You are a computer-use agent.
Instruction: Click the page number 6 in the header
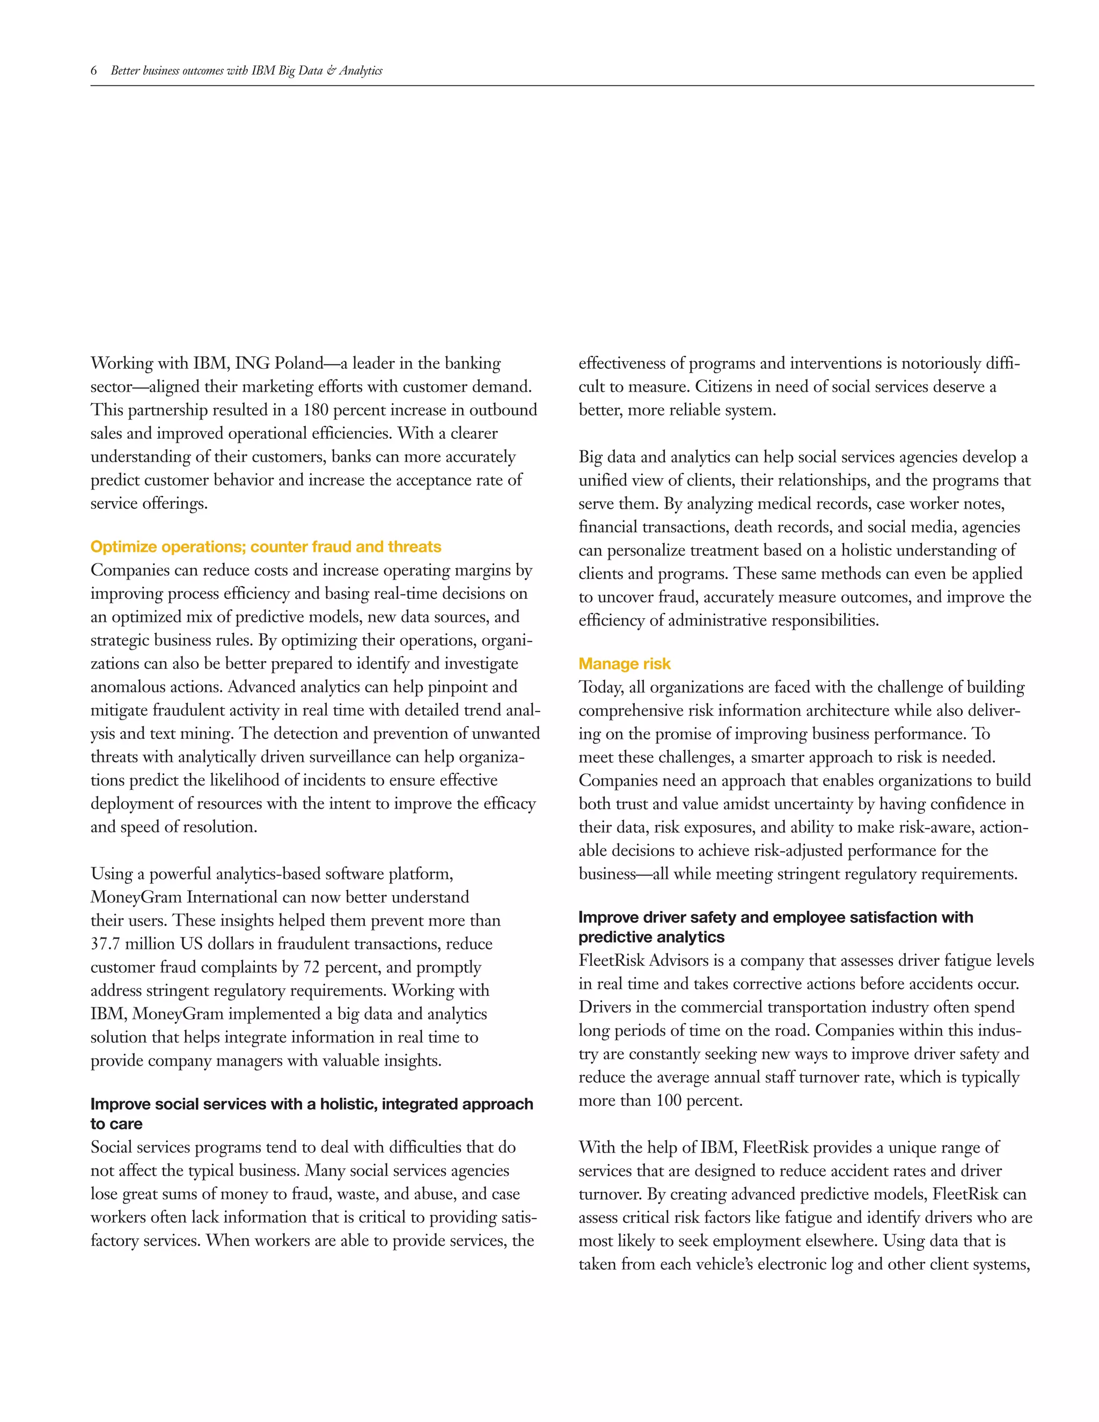click(x=94, y=71)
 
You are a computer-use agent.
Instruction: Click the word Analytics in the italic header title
click(x=360, y=71)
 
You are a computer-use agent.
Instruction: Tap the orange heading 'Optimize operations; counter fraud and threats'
click(x=266, y=546)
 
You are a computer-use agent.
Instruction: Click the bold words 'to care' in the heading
click(x=116, y=1124)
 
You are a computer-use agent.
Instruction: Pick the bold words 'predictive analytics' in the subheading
click(x=651, y=937)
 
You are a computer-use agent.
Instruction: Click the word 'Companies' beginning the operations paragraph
click(x=133, y=570)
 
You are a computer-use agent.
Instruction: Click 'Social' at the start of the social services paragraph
click(x=110, y=1147)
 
